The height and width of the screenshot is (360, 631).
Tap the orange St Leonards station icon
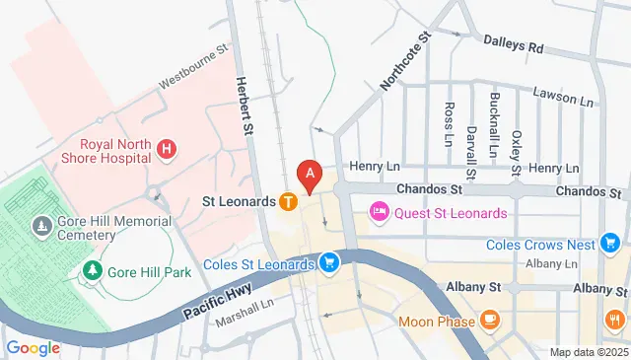point(288,201)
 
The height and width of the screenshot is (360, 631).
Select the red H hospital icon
point(167,149)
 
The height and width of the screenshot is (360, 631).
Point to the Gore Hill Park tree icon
point(92,268)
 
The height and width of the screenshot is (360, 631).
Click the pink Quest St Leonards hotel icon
point(379,212)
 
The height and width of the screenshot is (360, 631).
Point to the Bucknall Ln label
point(494,119)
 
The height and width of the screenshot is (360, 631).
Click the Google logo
point(33,347)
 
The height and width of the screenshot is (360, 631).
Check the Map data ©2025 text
point(589,352)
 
